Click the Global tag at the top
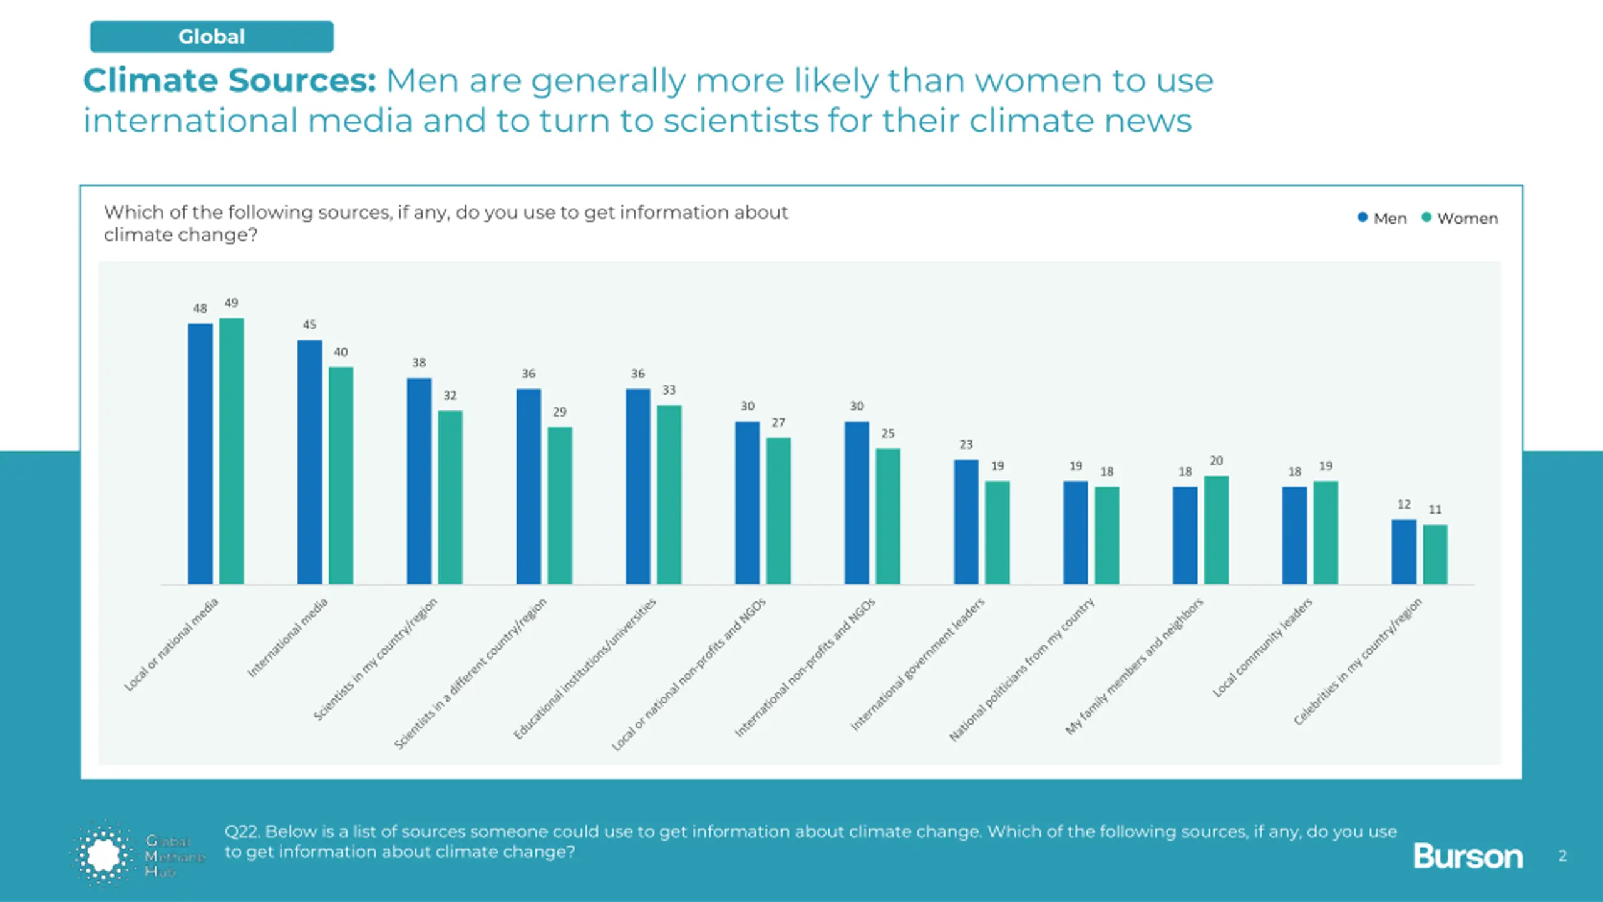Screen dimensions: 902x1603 pyautogui.click(x=212, y=36)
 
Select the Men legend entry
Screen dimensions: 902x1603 pyautogui.click(x=1382, y=218)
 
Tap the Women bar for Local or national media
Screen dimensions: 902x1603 pyautogui.click(x=231, y=451)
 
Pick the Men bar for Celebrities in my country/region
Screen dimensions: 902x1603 pyautogui.click(x=1403, y=551)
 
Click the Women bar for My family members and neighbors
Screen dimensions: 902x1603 pyautogui.click(x=1216, y=530)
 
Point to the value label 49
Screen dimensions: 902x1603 pyautogui.click(x=231, y=303)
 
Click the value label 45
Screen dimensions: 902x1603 pyautogui.click(x=309, y=324)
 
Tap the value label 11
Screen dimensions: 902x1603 pyautogui.click(x=1435, y=509)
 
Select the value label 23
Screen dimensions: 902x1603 pyautogui.click(x=966, y=444)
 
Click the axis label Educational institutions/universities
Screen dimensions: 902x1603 pyautogui.click(x=585, y=668)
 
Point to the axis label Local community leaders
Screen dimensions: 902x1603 pyautogui.click(x=1262, y=647)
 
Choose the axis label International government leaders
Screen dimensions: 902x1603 pyautogui.click(x=917, y=664)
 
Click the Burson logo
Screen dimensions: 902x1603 pyautogui.click(x=1467, y=856)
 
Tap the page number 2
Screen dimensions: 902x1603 pyautogui.click(x=1562, y=856)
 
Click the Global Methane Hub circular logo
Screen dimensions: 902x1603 pyautogui.click(x=103, y=854)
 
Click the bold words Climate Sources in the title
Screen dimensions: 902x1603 pyautogui.click(x=230, y=81)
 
